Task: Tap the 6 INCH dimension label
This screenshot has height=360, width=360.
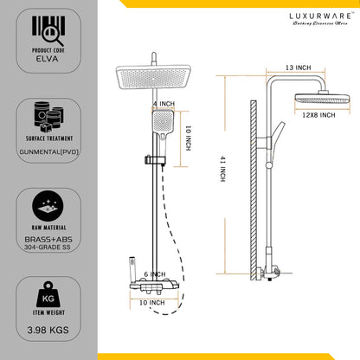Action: pyautogui.click(x=153, y=274)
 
